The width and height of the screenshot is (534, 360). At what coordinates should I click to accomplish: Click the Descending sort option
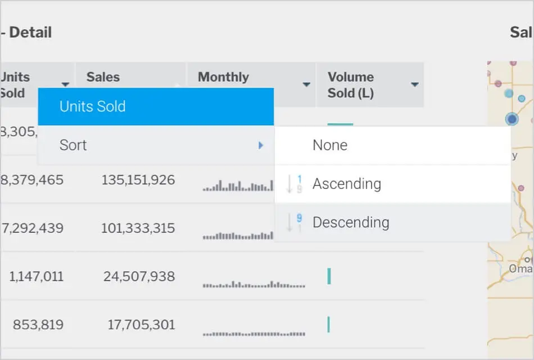click(x=351, y=222)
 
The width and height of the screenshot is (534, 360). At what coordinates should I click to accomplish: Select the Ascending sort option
click(x=347, y=184)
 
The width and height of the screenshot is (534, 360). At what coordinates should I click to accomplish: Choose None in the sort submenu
click(x=330, y=145)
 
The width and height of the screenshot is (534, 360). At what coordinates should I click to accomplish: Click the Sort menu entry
click(x=73, y=145)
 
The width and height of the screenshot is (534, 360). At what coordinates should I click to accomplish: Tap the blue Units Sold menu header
click(x=93, y=106)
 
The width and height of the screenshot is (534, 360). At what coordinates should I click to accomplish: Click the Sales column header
click(x=103, y=77)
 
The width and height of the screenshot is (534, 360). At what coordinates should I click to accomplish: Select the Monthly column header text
click(x=223, y=77)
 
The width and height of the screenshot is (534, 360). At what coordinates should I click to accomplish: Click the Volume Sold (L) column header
click(x=351, y=85)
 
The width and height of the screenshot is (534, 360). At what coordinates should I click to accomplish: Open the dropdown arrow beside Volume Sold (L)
click(x=415, y=85)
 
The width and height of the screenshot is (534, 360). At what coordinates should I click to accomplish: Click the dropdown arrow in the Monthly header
click(x=306, y=85)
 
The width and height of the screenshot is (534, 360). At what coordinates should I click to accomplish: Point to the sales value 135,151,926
click(x=138, y=180)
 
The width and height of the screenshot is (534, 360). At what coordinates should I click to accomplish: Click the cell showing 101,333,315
click(x=138, y=228)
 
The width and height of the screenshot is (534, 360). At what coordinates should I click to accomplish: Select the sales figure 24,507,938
click(x=139, y=277)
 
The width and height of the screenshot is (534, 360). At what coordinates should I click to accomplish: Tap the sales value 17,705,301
click(x=142, y=325)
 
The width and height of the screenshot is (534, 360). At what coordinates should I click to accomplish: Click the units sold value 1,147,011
click(x=36, y=277)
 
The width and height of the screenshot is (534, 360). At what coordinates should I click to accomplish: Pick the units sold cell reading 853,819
click(x=38, y=325)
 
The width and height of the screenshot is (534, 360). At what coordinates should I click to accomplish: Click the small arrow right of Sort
click(x=261, y=145)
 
